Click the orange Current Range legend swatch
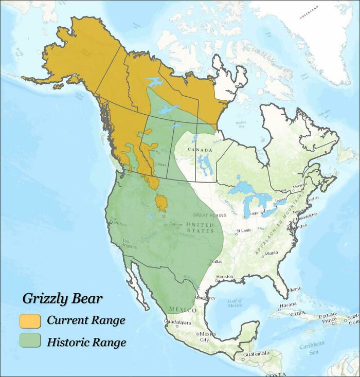(30, 321)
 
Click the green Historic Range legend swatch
(30, 341)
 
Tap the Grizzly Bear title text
(62, 299)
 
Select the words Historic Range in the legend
(86, 342)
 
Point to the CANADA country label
(200, 150)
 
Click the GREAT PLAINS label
(209, 215)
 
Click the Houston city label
(224, 277)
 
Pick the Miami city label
(294, 290)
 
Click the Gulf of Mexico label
(234, 303)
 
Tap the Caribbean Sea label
(314, 347)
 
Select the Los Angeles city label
(129, 243)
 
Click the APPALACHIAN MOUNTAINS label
(275, 234)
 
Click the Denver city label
(175, 224)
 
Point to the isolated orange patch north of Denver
(161, 203)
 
